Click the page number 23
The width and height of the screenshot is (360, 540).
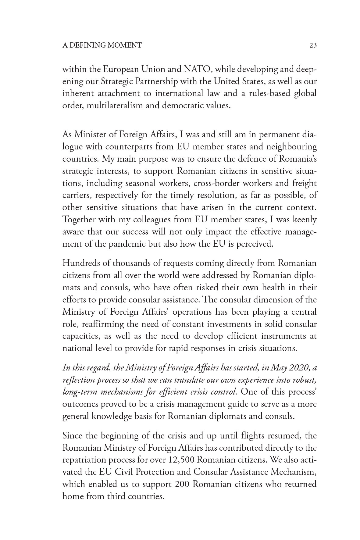[313, 45]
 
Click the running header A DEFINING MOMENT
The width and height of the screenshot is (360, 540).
[102, 45]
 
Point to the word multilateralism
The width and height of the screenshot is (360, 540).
[123, 106]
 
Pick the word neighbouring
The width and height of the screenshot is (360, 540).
[292, 147]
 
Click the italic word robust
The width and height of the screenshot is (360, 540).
[306, 380]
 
